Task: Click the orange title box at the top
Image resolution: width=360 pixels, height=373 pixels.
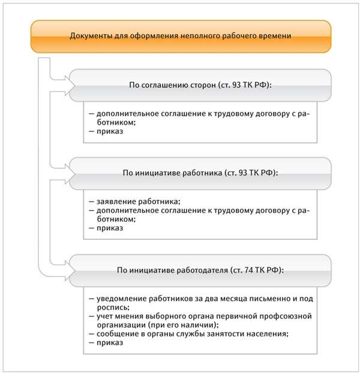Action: click(x=180, y=36)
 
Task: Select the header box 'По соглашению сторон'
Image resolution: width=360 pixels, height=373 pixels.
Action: click(x=200, y=86)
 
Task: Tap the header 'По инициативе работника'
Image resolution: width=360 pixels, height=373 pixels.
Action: click(x=200, y=173)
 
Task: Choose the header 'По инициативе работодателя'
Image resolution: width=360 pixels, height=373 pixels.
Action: click(x=200, y=270)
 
